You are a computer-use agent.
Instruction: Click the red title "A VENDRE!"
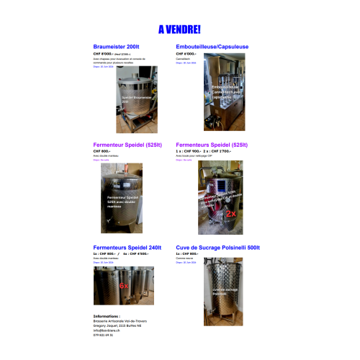179,30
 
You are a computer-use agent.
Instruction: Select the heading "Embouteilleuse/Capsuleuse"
212,47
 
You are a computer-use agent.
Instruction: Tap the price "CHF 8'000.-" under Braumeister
105,54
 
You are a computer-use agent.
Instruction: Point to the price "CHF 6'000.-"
186,54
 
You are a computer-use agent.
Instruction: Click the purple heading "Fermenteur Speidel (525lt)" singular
125,145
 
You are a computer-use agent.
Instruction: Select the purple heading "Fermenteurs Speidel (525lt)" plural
212,145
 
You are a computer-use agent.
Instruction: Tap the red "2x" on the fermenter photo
232,214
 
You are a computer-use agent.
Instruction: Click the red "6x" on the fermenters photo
123,286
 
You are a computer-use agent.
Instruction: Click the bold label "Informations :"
107,315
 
